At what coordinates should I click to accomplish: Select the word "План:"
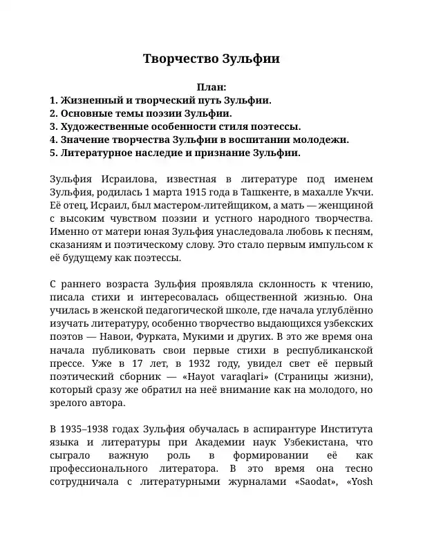[211, 88]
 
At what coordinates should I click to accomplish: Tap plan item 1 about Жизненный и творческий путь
[161, 100]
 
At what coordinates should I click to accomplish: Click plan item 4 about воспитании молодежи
[200, 140]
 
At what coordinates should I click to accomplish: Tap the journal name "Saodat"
[326, 481]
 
